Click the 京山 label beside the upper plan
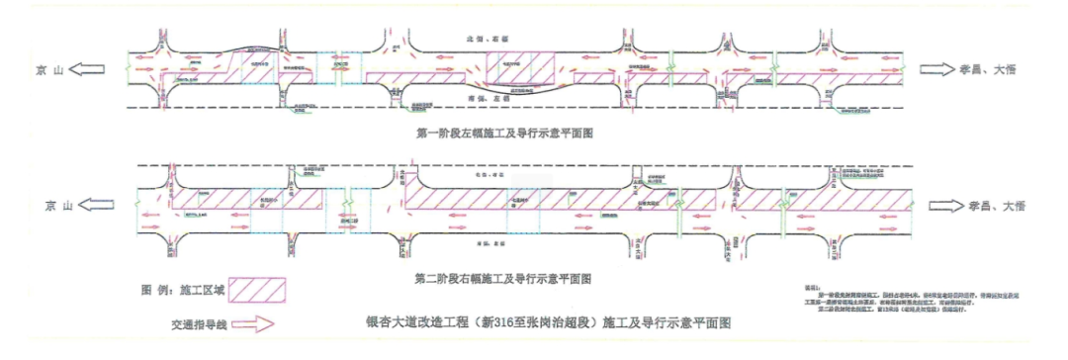(x=48, y=69)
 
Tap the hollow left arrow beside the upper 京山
(x=92, y=69)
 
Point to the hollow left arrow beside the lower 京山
(x=100, y=206)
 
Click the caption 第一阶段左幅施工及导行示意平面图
(x=505, y=130)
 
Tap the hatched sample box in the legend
(x=256, y=290)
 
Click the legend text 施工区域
(x=203, y=291)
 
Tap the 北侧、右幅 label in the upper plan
(x=487, y=39)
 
